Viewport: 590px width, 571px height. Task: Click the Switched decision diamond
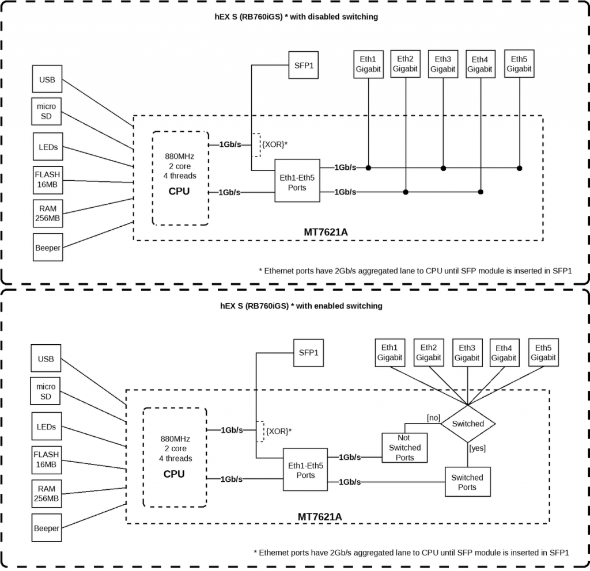pos(467,424)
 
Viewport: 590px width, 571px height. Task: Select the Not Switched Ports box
pos(404,447)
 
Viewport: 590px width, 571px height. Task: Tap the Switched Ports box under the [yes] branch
pos(467,482)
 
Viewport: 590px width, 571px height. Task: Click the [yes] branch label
pos(478,447)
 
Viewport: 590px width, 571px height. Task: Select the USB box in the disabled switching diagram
pos(47,80)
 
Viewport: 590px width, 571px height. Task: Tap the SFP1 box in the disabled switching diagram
pos(304,65)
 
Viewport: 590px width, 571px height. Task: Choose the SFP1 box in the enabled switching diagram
pos(308,352)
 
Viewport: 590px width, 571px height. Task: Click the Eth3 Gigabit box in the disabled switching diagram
pos(443,64)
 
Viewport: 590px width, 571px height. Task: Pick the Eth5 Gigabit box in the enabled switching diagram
pos(543,352)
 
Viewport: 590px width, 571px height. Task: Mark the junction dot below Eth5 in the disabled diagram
pos(519,168)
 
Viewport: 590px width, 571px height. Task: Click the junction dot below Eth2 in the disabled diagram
pos(406,192)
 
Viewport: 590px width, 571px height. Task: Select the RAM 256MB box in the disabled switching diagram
pos(47,214)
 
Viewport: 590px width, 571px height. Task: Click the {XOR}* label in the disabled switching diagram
pos(274,144)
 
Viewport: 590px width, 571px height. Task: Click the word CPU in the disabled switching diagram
pos(179,191)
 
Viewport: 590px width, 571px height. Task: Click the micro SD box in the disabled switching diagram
pos(47,112)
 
